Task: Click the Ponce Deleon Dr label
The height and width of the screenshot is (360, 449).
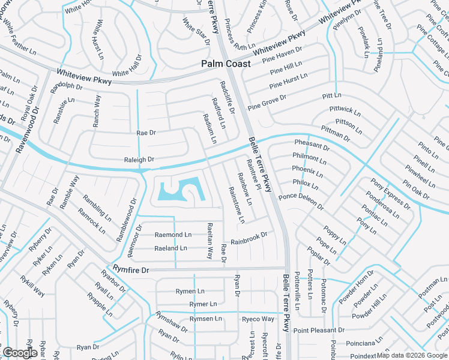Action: (301, 201)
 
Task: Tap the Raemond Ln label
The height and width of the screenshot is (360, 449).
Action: (173, 235)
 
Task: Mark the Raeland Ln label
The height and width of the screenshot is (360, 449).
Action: (170, 248)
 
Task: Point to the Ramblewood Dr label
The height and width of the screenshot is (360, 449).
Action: (127, 221)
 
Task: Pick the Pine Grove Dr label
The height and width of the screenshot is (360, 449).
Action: (267, 101)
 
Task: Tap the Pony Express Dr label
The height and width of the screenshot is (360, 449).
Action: (390, 194)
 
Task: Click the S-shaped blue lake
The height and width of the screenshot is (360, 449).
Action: (181, 191)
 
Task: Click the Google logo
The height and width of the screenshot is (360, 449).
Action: (19, 353)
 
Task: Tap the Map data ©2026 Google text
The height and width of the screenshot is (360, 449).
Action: (412, 355)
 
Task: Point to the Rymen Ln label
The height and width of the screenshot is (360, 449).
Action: (190, 292)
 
